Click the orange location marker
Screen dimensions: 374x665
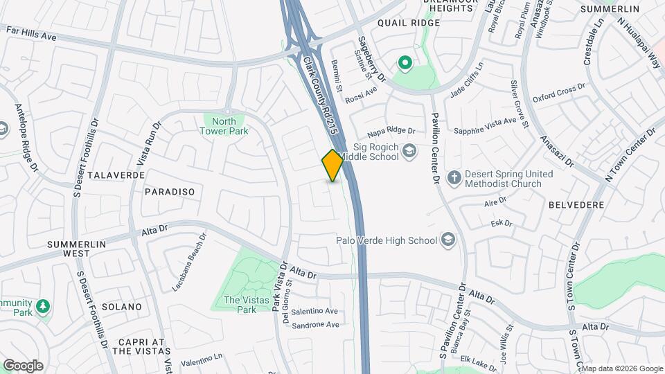coord(332,166)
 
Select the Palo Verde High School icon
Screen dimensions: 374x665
coord(448,240)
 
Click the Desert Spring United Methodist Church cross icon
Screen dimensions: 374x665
coord(454,178)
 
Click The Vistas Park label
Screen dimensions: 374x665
coord(240,305)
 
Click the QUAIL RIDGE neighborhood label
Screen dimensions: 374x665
coord(409,23)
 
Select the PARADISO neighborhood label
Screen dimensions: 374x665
coord(170,191)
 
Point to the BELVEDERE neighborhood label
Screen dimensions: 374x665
coord(576,206)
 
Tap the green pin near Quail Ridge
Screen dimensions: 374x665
coord(405,64)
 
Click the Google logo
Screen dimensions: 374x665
coord(23,366)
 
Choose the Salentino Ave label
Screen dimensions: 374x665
coord(314,312)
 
